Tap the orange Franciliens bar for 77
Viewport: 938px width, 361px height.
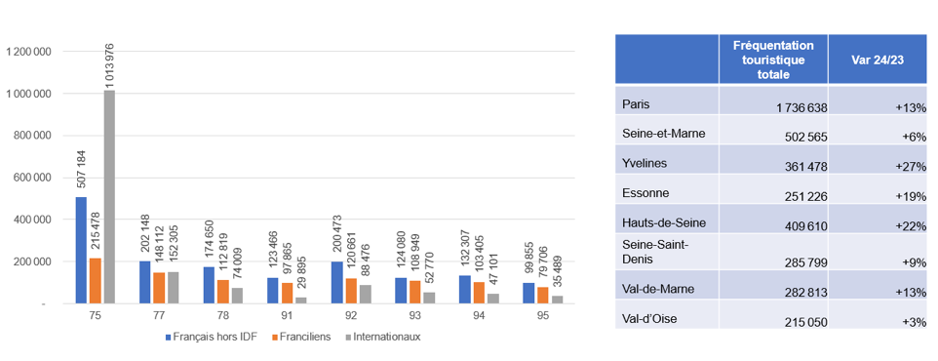[159, 288]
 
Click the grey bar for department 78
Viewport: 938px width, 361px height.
[237, 296]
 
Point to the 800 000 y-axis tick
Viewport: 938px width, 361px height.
[31, 136]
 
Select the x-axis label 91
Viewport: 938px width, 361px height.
[287, 316]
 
